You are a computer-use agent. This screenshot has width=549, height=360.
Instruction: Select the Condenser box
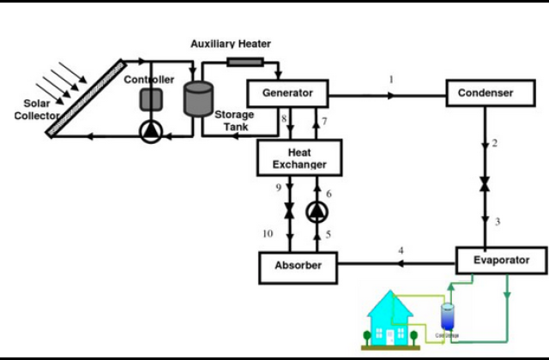pyautogui.click(x=485, y=93)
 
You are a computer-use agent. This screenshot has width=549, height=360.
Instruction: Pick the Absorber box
pyautogui.click(x=298, y=266)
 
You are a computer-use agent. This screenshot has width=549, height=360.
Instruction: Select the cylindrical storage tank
pyautogui.click(x=202, y=99)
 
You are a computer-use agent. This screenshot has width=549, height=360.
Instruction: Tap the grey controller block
pyautogui.click(x=151, y=99)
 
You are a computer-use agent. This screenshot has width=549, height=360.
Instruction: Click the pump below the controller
pyautogui.click(x=151, y=131)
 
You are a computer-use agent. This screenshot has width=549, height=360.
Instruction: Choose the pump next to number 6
pyautogui.click(x=317, y=210)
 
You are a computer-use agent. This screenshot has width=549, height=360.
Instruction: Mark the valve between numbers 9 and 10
pyautogui.click(x=289, y=211)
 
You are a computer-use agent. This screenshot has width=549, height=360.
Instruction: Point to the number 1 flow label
pyautogui.click(x=391, y=80)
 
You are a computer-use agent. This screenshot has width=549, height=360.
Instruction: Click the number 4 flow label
pyautogui.click(x=401, y=250)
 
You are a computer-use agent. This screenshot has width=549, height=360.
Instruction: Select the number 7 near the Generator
pyautogui.click(x=325, y=122)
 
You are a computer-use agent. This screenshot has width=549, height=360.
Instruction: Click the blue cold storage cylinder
pyautogui.click(x=447, y=318)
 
